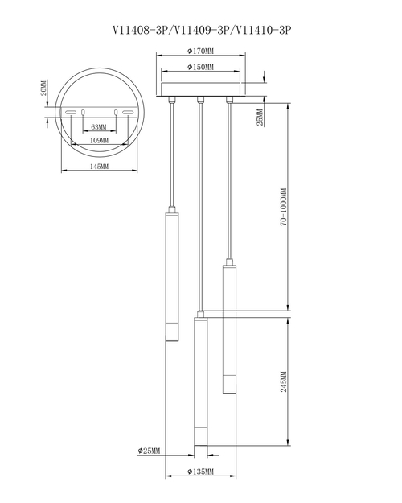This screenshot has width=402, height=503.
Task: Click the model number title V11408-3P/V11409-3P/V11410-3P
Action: pyautogui.click(x=201, y=30)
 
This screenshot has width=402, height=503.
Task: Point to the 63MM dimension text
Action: pyautogui.click(x=99, y=128)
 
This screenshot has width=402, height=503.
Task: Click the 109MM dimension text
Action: pyautogui.click(x=99, y=140)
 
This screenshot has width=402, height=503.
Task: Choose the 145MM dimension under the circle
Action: pyautogui.click(x=99, y=167)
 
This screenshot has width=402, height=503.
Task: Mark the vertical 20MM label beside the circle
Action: pyautogui.click(x=45, y=88)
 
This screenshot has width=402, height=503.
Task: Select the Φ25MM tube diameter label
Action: pyautogui.click(x=150, y=450)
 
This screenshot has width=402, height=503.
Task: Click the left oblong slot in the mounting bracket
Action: pyautogui.click(x=72, y=113)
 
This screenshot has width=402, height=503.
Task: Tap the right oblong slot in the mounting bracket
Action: pyautogui.click(x=127, y=113)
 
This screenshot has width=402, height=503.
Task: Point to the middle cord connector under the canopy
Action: pyautogui.click(x=199, y=101)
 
